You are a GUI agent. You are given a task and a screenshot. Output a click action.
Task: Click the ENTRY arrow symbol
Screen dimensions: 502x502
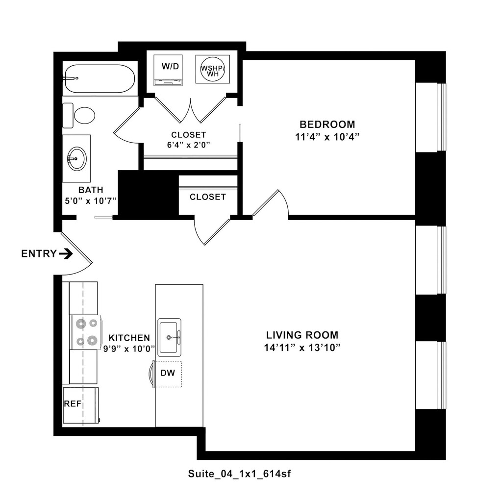point(66,253)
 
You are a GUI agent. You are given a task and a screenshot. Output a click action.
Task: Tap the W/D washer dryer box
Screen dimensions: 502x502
point(168,70)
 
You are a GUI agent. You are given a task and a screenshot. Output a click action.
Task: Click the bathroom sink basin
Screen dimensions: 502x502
point(76,158)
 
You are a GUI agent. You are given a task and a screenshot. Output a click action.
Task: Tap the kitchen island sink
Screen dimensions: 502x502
point(169,337)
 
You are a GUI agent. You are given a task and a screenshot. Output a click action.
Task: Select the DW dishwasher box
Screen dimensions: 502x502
point(168,374)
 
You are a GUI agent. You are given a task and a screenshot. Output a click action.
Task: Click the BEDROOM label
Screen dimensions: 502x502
point(327,124)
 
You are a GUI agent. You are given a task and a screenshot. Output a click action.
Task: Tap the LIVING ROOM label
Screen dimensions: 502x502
point(302,335)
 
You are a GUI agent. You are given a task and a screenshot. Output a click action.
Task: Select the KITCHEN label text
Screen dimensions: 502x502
point(129,338)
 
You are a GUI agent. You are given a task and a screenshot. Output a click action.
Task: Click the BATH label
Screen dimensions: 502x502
point(90,190)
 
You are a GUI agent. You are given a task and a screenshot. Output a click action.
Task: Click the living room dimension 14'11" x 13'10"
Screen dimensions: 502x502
point(302,348)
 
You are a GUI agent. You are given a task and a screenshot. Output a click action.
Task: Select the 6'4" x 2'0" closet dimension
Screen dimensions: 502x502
point(189,145)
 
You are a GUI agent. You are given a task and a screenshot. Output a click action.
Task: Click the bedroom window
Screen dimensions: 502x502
point(441,118)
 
